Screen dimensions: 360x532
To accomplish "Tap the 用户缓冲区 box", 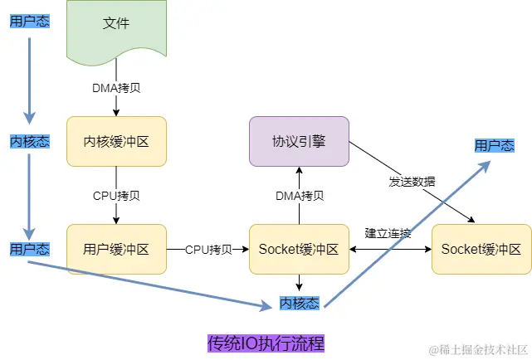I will click(x=116, y=248).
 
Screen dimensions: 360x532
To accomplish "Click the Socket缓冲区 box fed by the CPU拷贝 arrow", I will click(x=299, y=248).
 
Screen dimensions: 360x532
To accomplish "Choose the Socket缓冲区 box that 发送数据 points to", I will click(x=481, y=248).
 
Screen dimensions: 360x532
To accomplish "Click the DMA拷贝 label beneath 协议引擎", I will click(x=299, y=196).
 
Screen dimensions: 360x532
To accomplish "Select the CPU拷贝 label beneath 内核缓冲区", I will click(x=116, y=196).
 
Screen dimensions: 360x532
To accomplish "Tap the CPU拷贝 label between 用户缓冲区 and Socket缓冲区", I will click(x=208, y=249).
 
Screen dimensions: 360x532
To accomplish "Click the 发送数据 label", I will click(x=412, y=181).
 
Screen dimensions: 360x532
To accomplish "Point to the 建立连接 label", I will click(x=388, y=233).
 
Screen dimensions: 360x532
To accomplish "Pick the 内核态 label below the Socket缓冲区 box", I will click(x=299, y=303).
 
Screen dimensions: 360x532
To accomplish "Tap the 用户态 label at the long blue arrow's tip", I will click(x=494, y=145).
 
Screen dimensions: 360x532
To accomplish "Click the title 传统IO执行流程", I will click(x=266, y=342).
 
